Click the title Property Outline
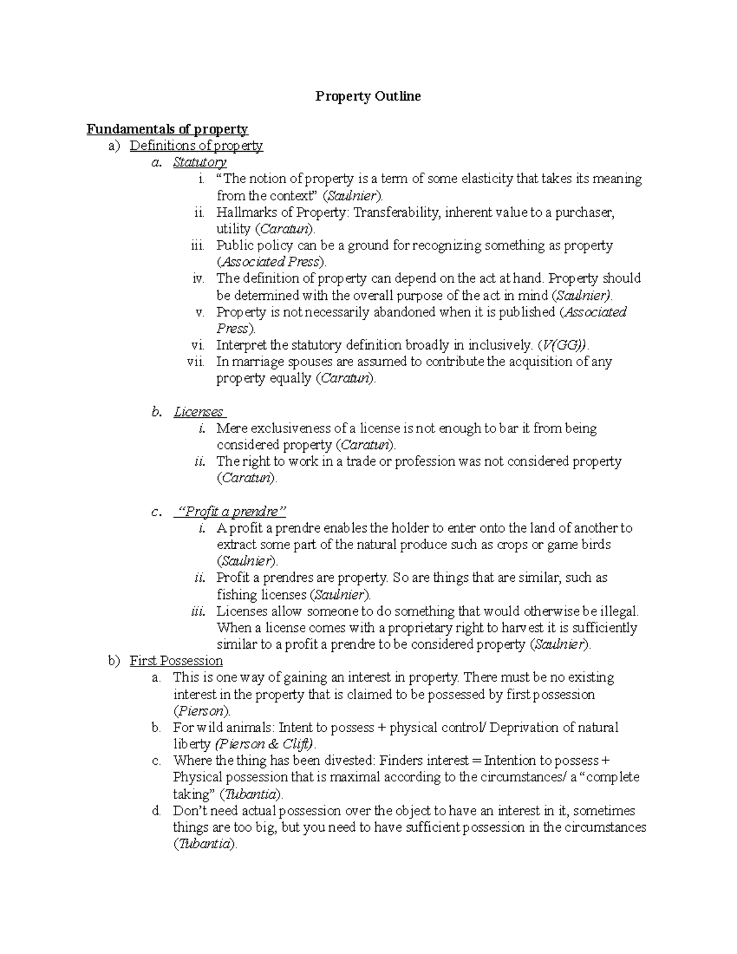click(368, 96)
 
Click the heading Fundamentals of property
click(167, 129)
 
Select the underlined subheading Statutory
click(200, 162)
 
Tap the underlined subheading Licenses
click(199, 412)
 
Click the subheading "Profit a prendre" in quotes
click(232, 512)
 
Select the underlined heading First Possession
click(176, 661)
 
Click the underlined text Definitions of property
click(196, 146)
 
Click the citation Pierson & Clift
click(264, 745)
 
